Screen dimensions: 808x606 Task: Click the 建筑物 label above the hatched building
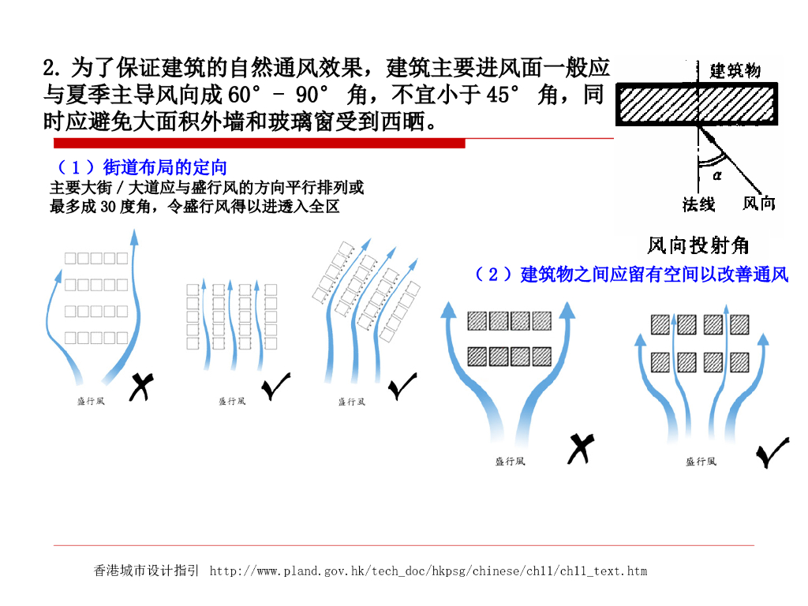(735, 70)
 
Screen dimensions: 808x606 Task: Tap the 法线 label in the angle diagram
(698, 204)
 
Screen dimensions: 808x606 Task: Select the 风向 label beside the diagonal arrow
(758, 204)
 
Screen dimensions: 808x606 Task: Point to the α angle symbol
(717, 175)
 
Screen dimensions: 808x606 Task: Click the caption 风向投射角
(698, 245)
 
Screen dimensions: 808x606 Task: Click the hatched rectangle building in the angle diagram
(698, 103)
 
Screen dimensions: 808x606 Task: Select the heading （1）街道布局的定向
(142, 167)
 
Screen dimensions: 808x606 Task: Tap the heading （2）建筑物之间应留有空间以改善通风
(630, 275)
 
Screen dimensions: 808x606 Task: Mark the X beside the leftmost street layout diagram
(140, 386)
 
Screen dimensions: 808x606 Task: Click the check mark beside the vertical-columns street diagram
(275, 386)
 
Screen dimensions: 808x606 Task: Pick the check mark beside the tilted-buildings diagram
(402, 385)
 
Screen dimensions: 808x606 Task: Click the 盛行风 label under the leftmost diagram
(90, 401)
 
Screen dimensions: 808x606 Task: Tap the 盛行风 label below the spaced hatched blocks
(700, 462)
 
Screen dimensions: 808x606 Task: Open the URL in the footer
(428, 570)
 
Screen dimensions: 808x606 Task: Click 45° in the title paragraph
(503, 95)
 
